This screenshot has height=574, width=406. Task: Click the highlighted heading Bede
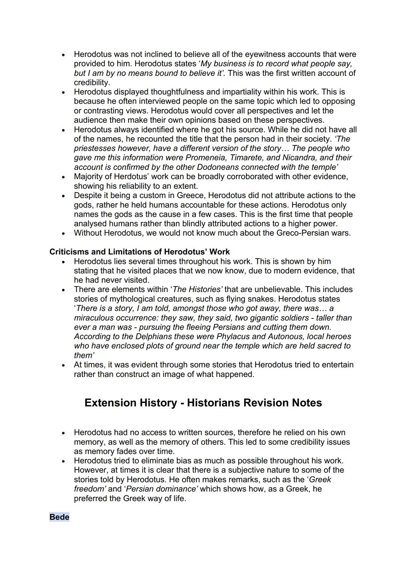point(59,517)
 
